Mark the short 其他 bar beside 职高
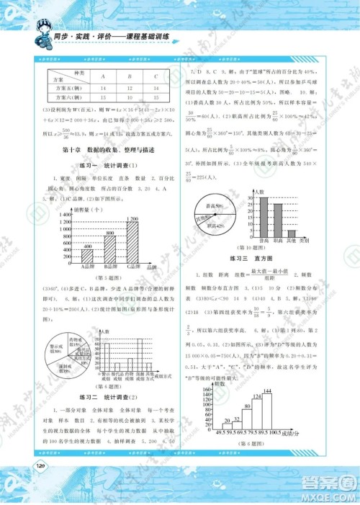(292, 233)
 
